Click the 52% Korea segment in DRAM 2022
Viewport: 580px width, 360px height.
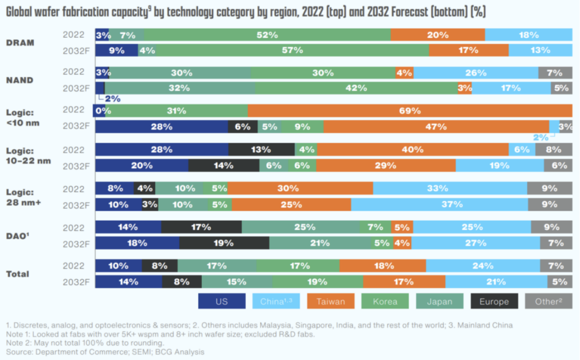267,35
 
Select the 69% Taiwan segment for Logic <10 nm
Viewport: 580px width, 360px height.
410,111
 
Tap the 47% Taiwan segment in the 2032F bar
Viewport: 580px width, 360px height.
436,126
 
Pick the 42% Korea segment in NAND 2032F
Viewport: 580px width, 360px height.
356,88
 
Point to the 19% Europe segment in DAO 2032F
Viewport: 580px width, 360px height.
224,243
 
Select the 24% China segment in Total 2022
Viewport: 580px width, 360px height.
482,265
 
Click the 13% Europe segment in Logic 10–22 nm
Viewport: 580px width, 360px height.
261,150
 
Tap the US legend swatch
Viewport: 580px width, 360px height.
222,302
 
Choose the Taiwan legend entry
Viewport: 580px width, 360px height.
331,302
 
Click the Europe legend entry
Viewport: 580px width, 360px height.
494,302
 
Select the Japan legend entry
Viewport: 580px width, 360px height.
439,302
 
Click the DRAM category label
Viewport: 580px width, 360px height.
20,42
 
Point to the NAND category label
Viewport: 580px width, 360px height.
20,80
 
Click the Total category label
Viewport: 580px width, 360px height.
18,274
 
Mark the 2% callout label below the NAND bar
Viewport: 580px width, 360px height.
113,99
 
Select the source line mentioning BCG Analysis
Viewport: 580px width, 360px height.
105,352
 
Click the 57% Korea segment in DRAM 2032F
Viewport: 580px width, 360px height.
292,50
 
